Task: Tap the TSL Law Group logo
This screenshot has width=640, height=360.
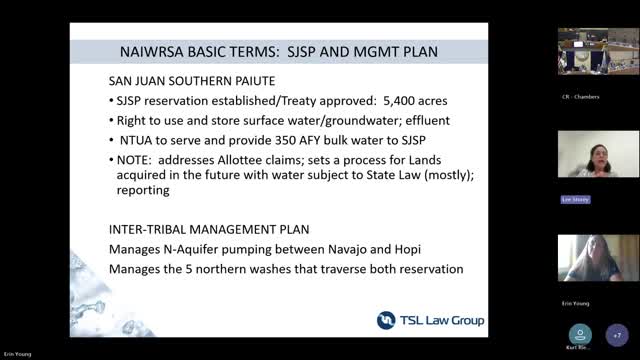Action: (430, 320)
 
